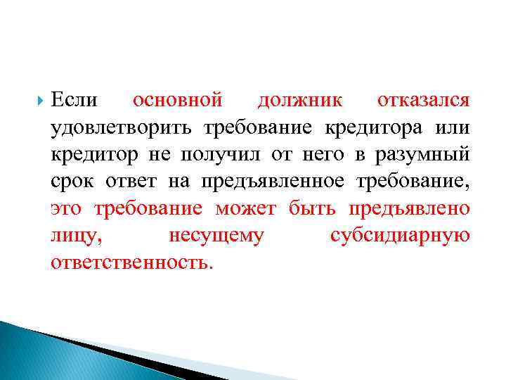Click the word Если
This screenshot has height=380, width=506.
(74, 101)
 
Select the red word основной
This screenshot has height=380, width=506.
(178, 101)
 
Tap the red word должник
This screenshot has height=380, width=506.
(300, 101)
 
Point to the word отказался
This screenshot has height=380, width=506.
(423, 101)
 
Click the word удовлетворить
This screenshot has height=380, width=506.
(122, 128)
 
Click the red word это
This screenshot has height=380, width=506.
(68, 208)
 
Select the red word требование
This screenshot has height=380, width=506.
(148, 208)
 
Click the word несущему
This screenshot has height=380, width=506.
(216, 236)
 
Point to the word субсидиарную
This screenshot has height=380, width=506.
(399, 236)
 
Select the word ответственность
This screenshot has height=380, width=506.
(130, 262)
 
